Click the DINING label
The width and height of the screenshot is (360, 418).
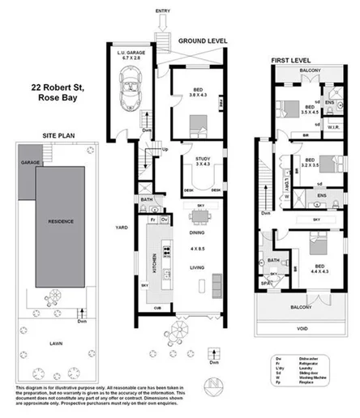click(195, 232)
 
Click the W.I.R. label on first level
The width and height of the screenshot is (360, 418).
click(334, 126)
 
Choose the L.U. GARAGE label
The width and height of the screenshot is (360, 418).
click(131, 53)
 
